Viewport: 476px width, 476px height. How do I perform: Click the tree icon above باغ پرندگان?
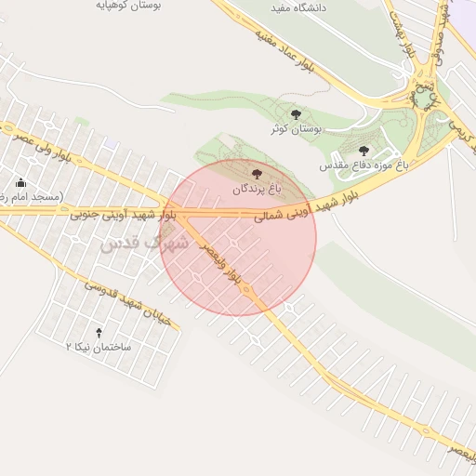coord(257,173)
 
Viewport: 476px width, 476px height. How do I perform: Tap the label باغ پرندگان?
coord(256,189)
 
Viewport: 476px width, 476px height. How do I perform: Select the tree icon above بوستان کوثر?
coord(296,114)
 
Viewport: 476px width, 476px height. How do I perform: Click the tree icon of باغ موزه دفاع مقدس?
coord(364,150)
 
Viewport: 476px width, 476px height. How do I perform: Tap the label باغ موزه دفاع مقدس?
coord(364,165)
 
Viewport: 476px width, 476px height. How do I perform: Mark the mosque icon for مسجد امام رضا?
coord(21,182)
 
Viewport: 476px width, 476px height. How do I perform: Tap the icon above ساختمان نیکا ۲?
coord(99,331)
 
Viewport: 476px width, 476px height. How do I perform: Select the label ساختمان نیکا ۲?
coord(99,346)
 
